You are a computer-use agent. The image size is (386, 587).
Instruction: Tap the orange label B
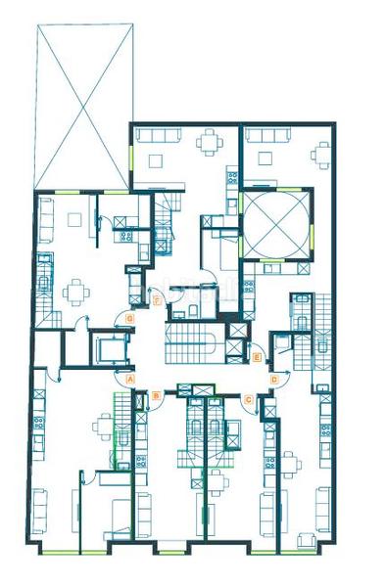[156, 395]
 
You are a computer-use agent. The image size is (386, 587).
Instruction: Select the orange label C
[249, 398]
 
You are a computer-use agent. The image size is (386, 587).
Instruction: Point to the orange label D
[274, 378]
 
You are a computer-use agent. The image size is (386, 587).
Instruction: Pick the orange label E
[257, 359]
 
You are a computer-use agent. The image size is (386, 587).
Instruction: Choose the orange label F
[158, 300]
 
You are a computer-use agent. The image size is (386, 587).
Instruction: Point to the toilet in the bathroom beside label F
[194, 310]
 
